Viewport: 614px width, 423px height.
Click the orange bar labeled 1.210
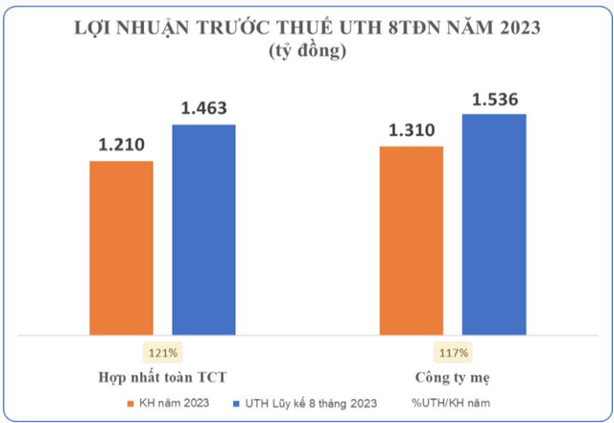coord(121,248)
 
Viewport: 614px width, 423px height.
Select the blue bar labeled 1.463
coord(203,230)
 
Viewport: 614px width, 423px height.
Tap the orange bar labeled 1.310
coord(412,242)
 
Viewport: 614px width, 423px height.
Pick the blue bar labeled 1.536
coord(494,225)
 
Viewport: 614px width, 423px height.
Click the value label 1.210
coord(121,145)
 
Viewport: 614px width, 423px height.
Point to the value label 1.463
coord(203,107)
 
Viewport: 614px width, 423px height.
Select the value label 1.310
coord(412,130)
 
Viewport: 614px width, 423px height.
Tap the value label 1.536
coord(494,98)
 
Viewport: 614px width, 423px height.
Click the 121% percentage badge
coord(161,351)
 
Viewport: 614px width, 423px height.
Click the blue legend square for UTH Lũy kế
coord(234,403)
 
